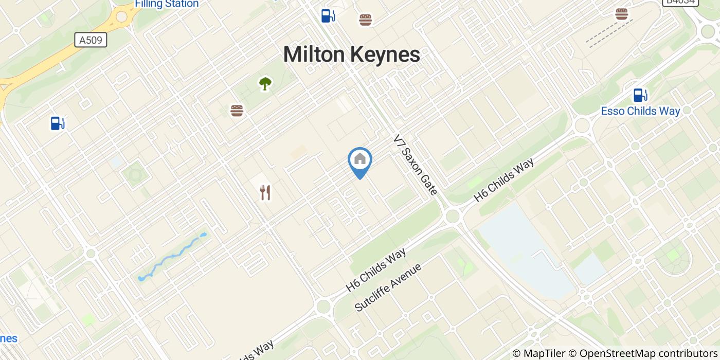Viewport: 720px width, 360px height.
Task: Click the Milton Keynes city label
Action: [x=351, y=55]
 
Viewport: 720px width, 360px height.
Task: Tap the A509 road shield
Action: [x=91, y=40]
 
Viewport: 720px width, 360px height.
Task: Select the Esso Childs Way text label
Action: [x=640, y=111]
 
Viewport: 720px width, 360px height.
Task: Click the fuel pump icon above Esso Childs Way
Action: [x=640, y=95]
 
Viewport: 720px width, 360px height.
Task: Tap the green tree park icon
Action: [x=265, y=83]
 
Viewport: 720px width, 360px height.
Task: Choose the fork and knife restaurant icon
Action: [x=265, y=193]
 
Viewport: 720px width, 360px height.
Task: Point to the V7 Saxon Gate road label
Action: [x=415, y=165]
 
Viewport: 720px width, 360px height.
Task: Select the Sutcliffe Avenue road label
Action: [x=388, y=287]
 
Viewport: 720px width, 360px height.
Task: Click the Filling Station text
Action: [x=167, y=4]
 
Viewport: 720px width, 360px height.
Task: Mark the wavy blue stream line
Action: [x=172, y=256]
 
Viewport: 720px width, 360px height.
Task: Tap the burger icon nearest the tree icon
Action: [x=237, y=111]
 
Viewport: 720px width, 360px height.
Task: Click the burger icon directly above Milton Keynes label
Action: [x=365, y=20]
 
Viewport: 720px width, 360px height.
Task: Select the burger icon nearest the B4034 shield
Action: [x=622, y=14]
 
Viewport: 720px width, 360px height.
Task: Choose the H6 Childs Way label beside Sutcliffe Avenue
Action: [x=376, y=270]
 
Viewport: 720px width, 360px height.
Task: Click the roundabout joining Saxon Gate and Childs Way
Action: [x=452, y=216]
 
